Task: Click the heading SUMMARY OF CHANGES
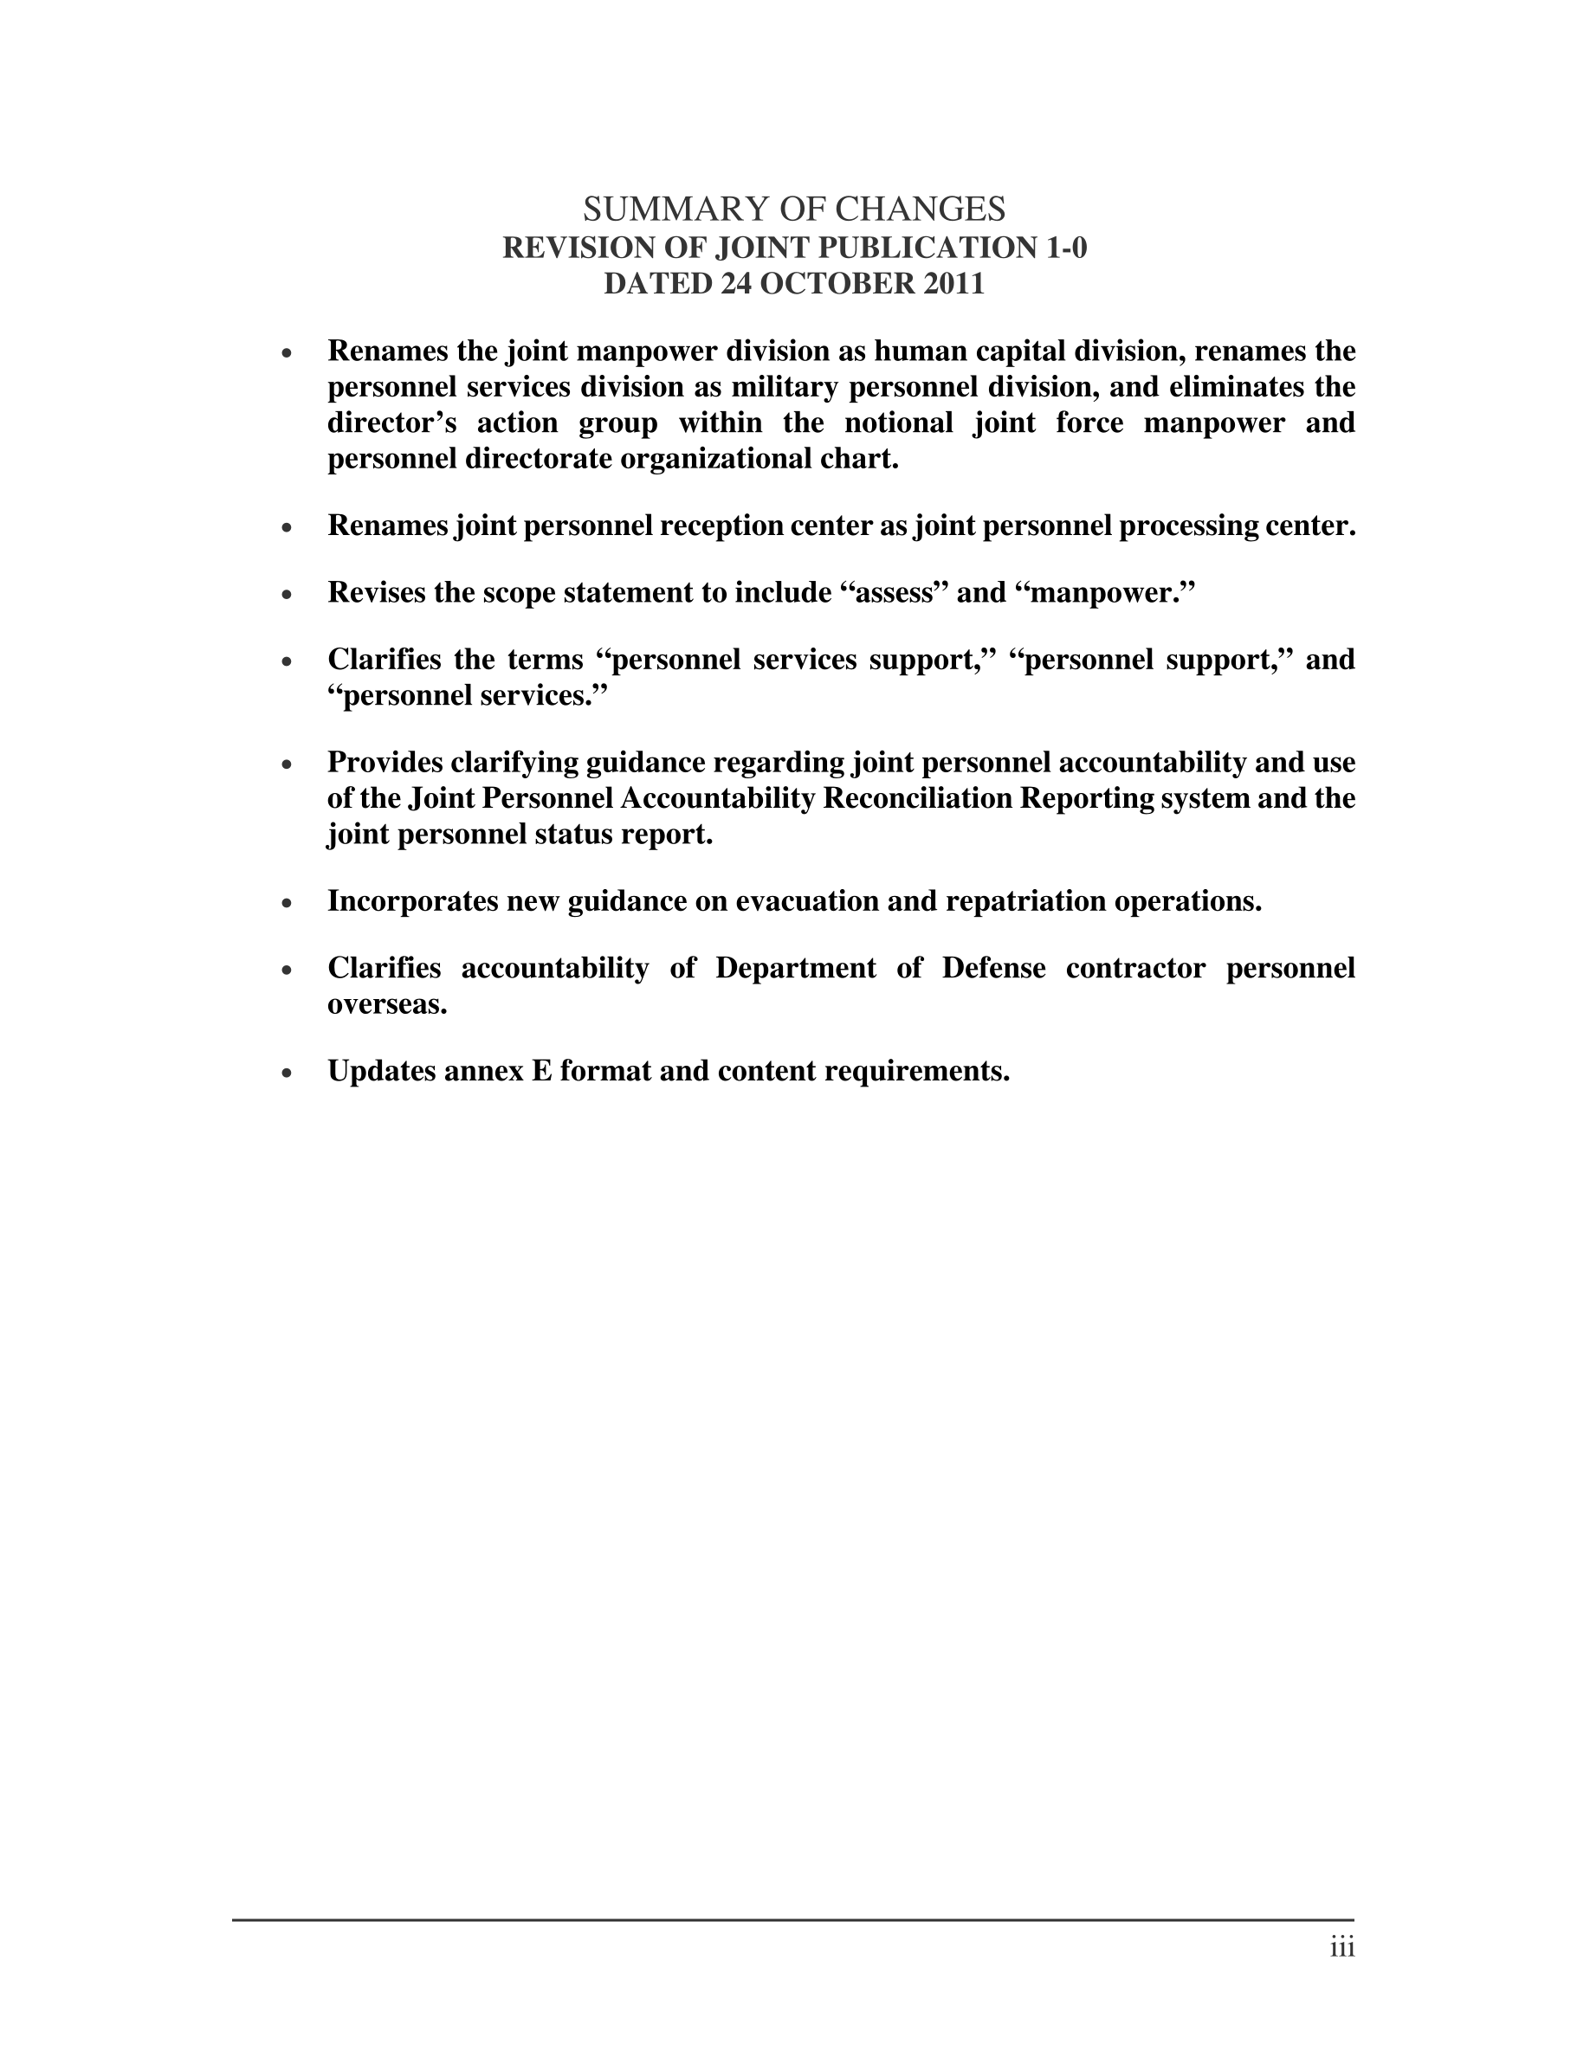pyautogui.click(x=794, y=208)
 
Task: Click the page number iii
pyautogui.click(x=1342, y=1948)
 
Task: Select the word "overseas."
pyautogui.click(x=387, y=1004)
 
